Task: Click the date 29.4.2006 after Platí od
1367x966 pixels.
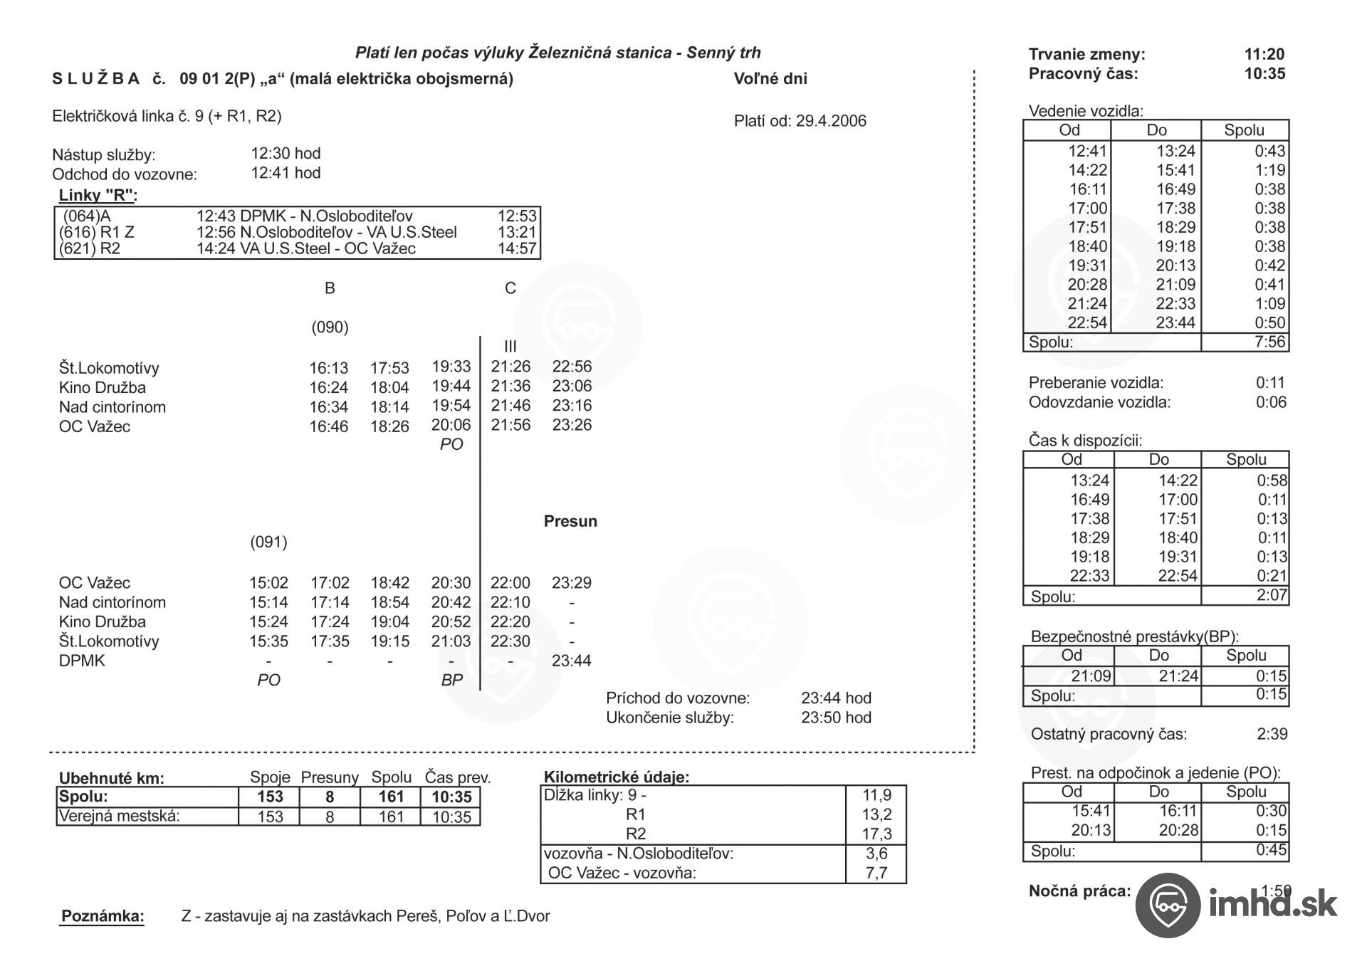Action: pos(831,121)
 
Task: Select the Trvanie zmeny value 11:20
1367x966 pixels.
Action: pos(1264,54)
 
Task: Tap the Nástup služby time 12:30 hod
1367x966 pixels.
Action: pos(286,154)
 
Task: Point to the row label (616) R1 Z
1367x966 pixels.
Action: pos(97,232)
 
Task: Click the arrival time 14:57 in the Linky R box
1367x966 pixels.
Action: pos(517,248)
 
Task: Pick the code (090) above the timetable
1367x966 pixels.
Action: pos(330,327)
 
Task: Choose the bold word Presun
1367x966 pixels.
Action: pos(570,521)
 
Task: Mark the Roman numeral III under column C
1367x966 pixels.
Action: pos(510,347)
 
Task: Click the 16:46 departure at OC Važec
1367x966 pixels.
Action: pos(328,426)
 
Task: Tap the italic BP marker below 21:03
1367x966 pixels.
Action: pos(451,680)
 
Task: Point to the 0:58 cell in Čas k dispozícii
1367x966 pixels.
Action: pos(1272,481)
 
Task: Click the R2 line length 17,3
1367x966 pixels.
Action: pos(876,834)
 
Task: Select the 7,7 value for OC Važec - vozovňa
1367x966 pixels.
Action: pos(876,873)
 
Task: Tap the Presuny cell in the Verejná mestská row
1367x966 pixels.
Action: pos(330,817)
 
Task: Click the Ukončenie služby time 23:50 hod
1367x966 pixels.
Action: pos(836,718)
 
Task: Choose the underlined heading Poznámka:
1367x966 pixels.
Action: pos(103,916)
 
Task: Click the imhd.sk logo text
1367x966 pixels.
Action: pos(1273,905)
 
